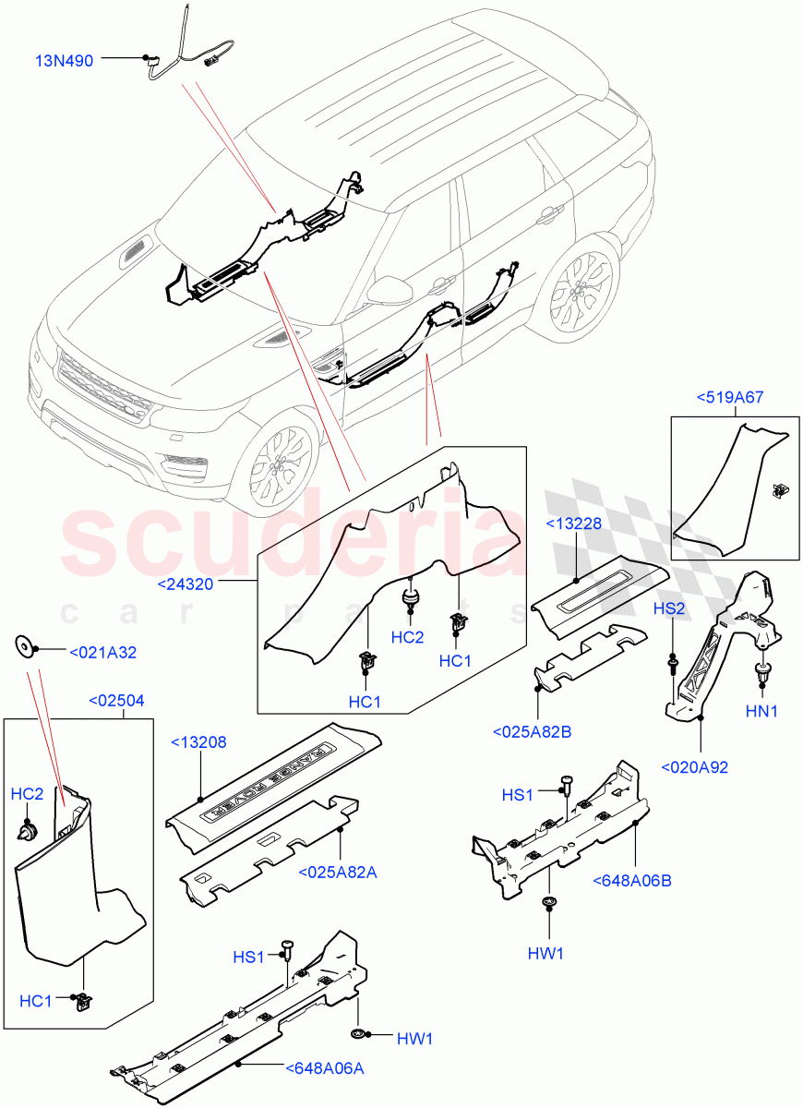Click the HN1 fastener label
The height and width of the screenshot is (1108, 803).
click(761, 710)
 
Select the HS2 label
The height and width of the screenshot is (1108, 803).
click(669, 609)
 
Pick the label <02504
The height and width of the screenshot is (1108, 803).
click(116, 700)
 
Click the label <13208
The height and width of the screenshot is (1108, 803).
click(198, 741)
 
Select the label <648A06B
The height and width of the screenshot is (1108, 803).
click(632, 880)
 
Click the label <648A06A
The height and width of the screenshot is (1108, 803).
click(325, 1068)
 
